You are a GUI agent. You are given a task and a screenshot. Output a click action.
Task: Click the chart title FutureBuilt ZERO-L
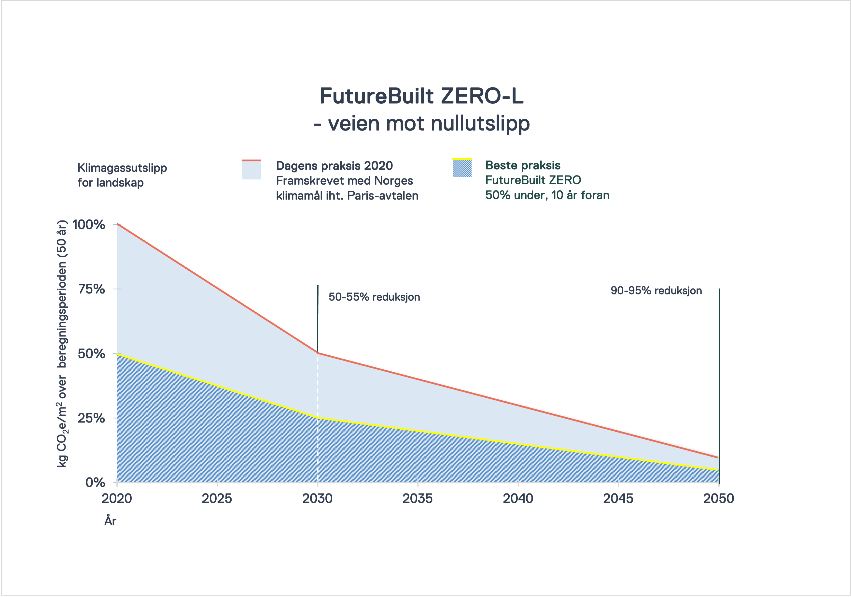[x=421, y=96]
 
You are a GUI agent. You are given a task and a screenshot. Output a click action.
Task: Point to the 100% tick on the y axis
[x=89, y=225]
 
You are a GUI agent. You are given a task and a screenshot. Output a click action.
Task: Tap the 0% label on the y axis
[x=95, y=482]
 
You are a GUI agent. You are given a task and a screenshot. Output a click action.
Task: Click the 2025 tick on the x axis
[x=217, y=499]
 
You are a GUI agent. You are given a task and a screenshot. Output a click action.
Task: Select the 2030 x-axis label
[x=317, y=499]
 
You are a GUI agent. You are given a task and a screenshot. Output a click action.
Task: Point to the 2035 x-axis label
[x=418, y=499]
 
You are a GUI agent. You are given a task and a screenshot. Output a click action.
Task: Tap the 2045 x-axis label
[x=618, y=499]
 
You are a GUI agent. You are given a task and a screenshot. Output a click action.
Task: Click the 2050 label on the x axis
[x=719, y=499]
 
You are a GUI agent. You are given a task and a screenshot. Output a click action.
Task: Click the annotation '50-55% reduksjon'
[x=374, y=297]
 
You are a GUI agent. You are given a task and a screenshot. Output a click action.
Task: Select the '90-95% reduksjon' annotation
[x=656, y=291]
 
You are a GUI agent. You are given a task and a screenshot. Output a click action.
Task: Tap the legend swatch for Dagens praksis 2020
[x=251, y=170]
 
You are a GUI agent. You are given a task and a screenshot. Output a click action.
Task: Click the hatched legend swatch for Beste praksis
[x=462, y=168]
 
